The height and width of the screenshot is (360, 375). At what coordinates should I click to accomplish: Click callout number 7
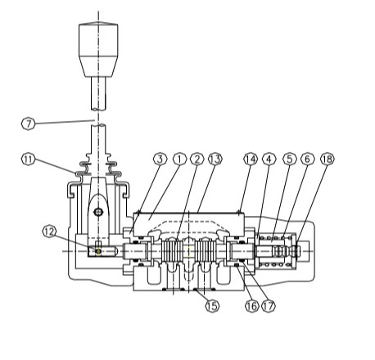(29, 124)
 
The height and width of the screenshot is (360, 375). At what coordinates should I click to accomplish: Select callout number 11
(29, 160)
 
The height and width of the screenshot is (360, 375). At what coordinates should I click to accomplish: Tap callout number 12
(49, 232)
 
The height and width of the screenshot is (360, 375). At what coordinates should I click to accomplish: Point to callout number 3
(160, 159)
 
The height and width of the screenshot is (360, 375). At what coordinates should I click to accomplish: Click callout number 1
(179, 159)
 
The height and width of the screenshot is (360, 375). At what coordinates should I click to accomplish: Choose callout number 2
(197, 159)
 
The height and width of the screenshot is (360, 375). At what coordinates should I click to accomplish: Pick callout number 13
(215, 159)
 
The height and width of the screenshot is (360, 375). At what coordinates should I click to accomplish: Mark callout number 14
(251, 159)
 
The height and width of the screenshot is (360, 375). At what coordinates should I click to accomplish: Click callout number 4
(269, 159)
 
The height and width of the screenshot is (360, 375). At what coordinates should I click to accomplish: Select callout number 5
(290, 159)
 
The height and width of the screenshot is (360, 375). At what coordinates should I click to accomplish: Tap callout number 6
(308, 159)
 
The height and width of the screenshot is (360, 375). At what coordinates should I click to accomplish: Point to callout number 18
(328, 159)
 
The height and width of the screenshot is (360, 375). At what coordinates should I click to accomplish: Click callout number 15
(212, 306)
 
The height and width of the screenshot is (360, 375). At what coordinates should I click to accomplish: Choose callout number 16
(251, 306)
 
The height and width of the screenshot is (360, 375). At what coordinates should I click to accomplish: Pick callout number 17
(269, 306)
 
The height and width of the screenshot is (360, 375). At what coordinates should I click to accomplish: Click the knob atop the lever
(98, 50)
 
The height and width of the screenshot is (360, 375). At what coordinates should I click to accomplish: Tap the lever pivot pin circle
(98, 212)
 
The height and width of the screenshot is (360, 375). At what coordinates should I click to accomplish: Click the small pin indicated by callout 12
(98, 250)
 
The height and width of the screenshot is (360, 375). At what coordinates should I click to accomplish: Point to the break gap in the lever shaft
(98, 117)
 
